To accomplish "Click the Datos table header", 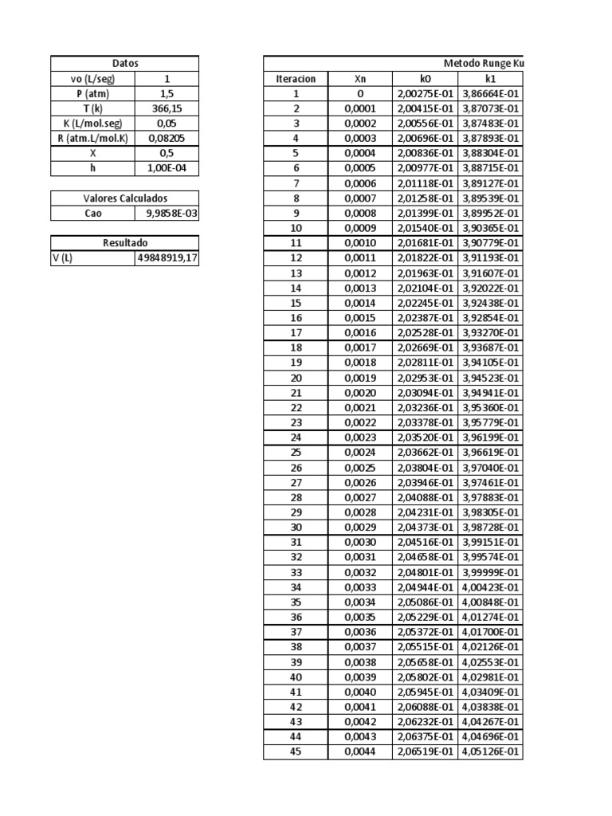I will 124,63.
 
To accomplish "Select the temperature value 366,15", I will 167,108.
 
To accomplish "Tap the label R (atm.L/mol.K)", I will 93,138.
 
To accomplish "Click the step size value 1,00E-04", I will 167,168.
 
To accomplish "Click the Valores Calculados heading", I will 124,198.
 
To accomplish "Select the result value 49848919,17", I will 167,258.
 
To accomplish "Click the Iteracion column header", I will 296,79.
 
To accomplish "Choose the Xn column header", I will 359,79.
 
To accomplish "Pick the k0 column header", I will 425,79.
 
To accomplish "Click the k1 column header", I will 490,79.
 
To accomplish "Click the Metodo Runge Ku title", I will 483,64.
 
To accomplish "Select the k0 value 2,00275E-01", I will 425,94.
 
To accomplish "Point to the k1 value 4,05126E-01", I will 490,751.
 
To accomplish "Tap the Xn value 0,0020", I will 359,393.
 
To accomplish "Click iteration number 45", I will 296,751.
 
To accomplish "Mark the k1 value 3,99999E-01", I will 490,572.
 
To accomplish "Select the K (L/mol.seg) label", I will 93,124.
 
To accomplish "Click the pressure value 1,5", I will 167,93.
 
